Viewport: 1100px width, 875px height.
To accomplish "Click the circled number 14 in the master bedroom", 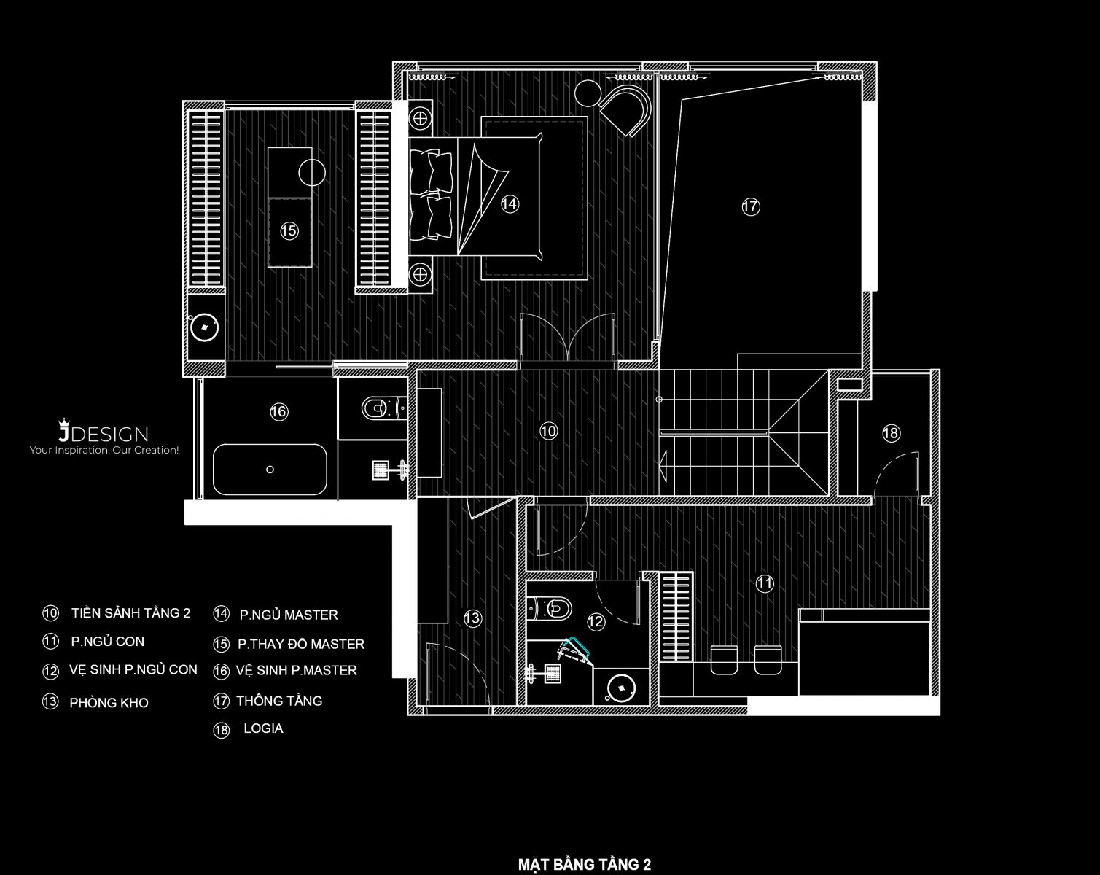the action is (509, 204).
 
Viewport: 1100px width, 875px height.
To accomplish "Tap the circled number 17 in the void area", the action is (750, 206).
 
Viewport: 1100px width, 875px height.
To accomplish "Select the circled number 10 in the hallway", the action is (548, 431).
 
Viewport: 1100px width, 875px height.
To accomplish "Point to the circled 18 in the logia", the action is (891, 433).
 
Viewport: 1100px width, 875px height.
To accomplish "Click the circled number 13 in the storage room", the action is (472, 618).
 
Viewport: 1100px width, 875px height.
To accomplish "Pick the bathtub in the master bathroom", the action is (270, 470).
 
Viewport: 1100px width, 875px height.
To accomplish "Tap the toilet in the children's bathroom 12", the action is (549, 609).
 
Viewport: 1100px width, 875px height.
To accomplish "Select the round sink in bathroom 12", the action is (621, 688).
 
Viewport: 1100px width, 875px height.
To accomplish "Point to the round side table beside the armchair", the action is (588, 93).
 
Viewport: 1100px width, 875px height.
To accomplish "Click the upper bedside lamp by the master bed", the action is (420, 119).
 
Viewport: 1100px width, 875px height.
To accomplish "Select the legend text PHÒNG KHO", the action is (109, 703).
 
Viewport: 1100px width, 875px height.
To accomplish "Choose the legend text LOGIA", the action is (263, 728).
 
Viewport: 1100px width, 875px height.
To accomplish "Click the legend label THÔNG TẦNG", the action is (279, 701).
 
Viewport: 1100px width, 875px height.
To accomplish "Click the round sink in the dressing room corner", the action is (204, 327).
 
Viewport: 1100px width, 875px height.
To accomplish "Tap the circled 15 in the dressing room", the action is (289, 230).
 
